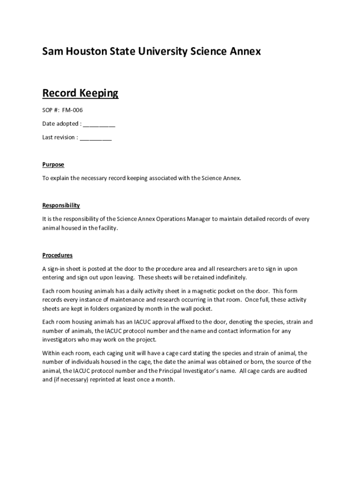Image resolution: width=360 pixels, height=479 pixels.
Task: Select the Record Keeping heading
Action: click(80, 94)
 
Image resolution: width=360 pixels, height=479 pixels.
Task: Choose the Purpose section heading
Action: click(53, 165)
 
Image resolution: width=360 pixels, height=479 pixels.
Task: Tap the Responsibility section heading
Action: click(61, 205)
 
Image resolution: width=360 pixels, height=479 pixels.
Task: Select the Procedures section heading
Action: click(58, 255)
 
